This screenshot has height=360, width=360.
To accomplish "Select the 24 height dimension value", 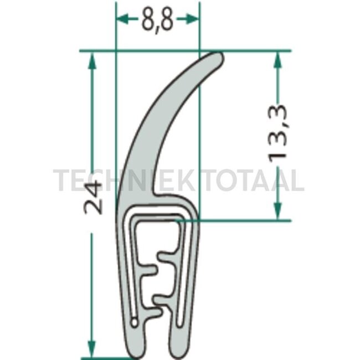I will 93,197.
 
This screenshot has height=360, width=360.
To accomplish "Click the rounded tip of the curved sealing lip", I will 218,58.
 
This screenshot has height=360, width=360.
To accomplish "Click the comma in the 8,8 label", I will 157,29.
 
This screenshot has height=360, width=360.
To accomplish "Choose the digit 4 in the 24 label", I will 93,187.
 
